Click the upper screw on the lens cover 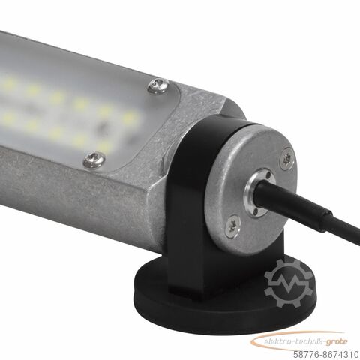tap(156, 86)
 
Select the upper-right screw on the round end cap tap(286, 157)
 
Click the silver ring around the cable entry tap(259, 188)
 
